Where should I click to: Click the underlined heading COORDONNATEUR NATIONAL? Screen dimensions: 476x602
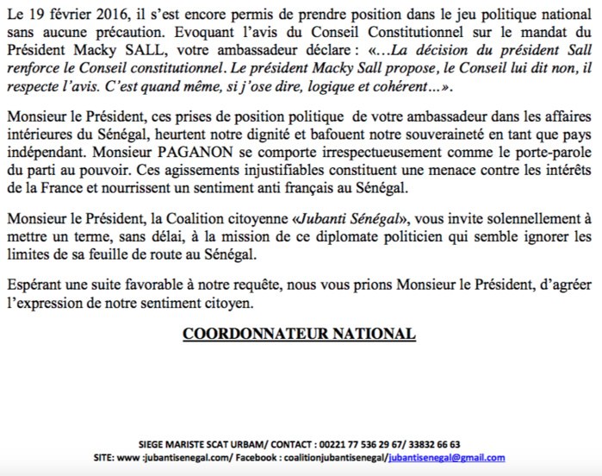point(299,333)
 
